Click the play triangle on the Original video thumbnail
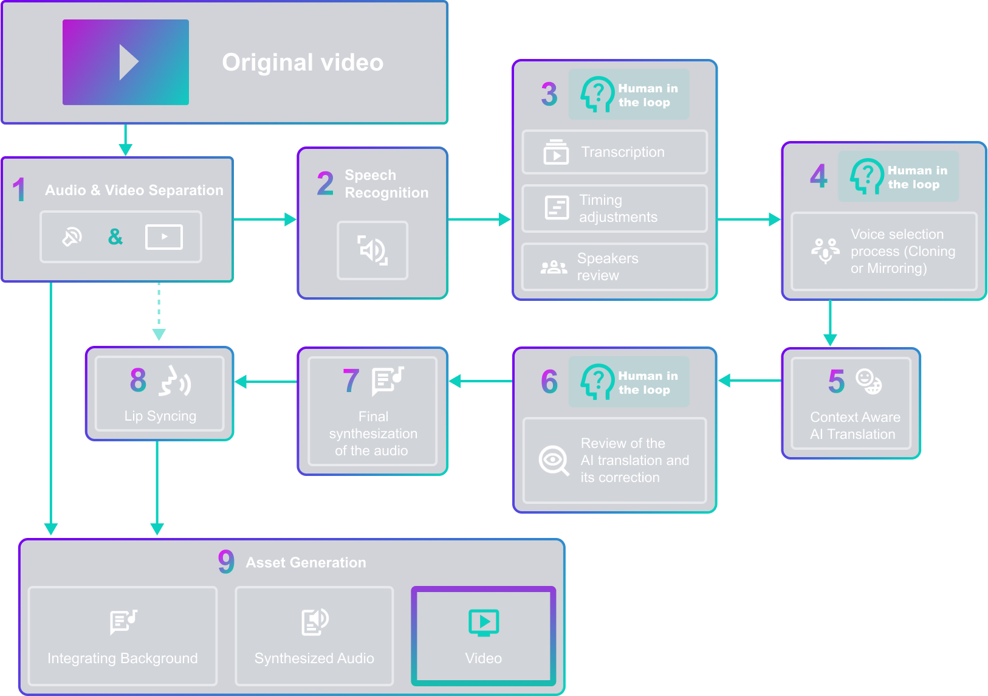(x=128, y=62)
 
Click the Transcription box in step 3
(x=614, y=152)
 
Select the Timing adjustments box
(x=614, y=208)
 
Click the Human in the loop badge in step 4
(x=897, y=176)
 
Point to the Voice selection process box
(x=883, y=251)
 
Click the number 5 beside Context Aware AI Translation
(x=836, y=381)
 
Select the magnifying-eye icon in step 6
(x=554, y=460)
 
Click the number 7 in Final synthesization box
(x=351, y=381)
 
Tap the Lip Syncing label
(x=160, y=416)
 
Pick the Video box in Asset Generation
(x=484, y=636)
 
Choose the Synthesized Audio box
(x=314, y=636)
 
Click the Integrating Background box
(x=123, y=636)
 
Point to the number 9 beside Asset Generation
(x=226, y=562)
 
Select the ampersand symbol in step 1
(x=115, y=236)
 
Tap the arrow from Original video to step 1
(x=125, y=140)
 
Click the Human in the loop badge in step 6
(x=628, y=382)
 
